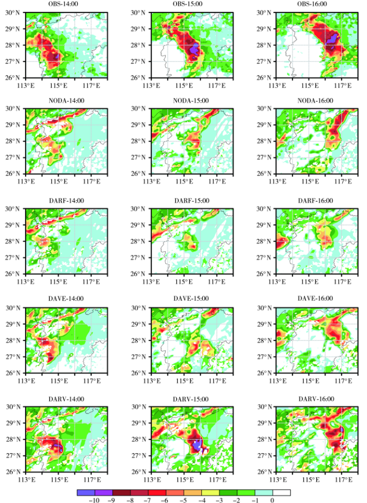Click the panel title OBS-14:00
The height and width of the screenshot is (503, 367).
pyautogui.click(x=66, y=4)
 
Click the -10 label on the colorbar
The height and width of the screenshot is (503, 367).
pyautogui.click(x=81, y=500)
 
